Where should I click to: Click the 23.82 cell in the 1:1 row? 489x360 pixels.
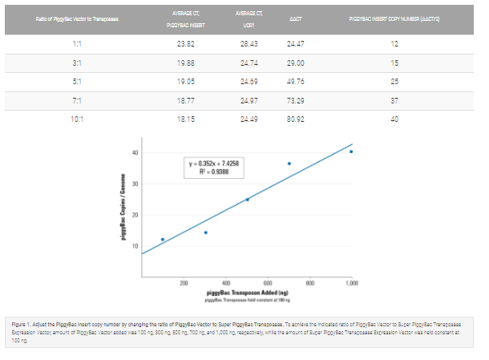coord(185,42)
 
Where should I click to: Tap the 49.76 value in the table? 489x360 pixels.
coord(297,81)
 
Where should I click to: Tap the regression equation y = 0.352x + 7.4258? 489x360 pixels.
coord(214,164)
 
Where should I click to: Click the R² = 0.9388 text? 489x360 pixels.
coord(214,172)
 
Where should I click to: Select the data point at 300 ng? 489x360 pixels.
coord(205,233)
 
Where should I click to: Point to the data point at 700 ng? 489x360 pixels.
coord(289,164)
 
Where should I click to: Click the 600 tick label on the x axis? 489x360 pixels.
coord(268,285)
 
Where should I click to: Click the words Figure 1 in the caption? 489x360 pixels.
coord(24,319)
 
